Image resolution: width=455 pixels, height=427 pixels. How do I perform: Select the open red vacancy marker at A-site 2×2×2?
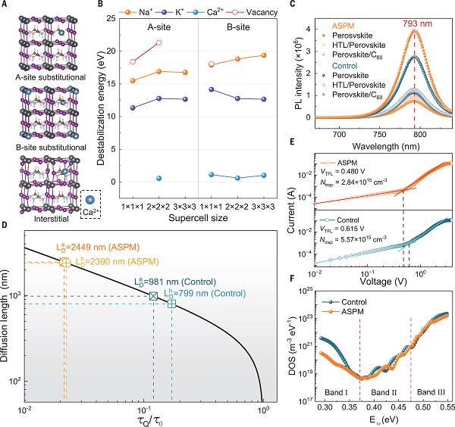158,42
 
